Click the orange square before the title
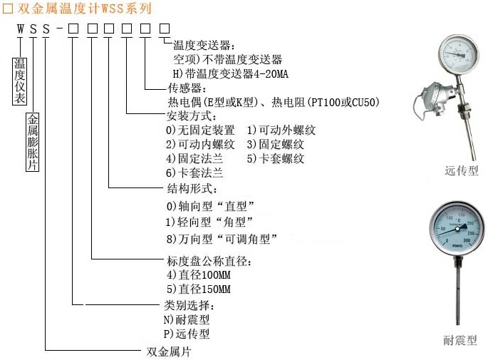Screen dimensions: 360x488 pos(8,9)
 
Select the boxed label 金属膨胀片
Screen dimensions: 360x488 pos(33,142)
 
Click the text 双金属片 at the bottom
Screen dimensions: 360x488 pos(168,351)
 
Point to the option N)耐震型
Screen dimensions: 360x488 pos(187,320)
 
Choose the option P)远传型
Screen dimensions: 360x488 pos(187,333)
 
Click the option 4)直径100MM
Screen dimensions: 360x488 pos(199,274)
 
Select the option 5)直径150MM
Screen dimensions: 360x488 pos(199,289)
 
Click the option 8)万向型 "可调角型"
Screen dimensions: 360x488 pos(221,238)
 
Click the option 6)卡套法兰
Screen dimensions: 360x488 pos(194,173)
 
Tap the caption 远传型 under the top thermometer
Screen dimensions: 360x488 pos(462,170)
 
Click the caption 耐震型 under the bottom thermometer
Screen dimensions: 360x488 pos(460,340)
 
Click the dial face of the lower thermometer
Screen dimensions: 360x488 pos(457,227)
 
